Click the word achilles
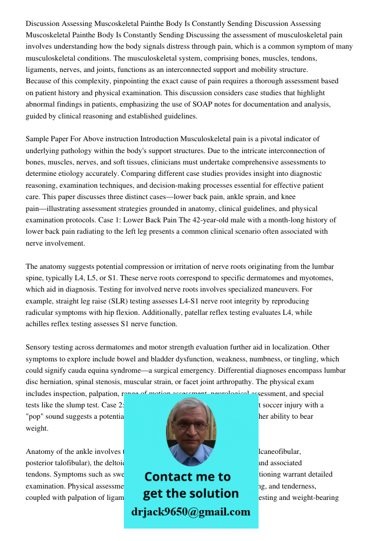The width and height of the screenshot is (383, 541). point(38,325)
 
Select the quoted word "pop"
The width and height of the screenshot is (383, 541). point(36,417)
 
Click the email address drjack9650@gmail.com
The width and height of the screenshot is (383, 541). point(190,512)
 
